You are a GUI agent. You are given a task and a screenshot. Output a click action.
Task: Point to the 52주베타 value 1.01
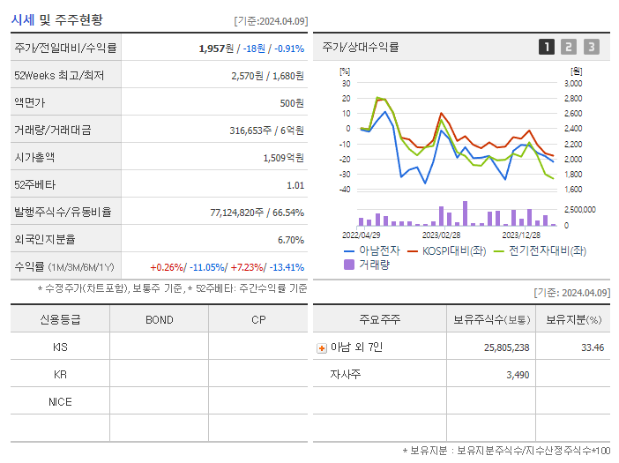click(295, 185)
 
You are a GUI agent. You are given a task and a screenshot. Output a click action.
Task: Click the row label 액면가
click(31, 103)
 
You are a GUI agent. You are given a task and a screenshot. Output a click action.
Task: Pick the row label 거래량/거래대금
click(52, 131)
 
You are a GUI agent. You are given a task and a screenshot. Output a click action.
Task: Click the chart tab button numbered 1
click(547, 47)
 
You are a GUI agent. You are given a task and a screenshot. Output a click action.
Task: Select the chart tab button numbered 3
click(591, 47)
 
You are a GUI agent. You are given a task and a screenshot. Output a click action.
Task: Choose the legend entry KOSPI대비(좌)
click(444, 250)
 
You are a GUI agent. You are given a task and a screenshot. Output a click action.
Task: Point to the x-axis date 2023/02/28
click(441, 235)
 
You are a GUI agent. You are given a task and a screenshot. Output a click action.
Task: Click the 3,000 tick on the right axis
click(572, 83)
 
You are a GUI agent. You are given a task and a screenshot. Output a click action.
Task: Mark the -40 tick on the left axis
click(345, 190)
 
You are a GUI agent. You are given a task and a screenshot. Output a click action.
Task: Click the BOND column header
click(159, 319)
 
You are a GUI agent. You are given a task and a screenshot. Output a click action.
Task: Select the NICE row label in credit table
click(60, 402)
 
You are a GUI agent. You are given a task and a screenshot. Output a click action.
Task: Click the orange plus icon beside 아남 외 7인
click(321, 347)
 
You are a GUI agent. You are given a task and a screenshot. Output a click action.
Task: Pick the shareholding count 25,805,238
click(506, 347)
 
